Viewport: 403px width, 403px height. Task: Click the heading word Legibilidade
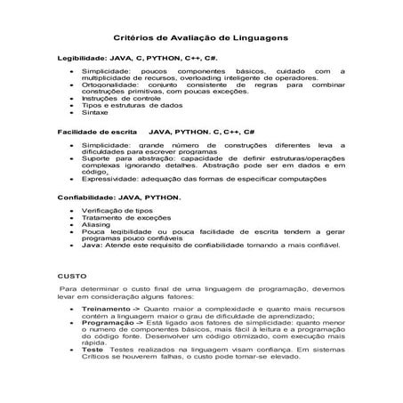click(x=85, y=56)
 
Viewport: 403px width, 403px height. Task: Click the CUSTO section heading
click(x=71, y=277)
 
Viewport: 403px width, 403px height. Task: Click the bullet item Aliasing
click(x=95, y=226)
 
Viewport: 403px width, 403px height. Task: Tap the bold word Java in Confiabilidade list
click(x=90, y=247)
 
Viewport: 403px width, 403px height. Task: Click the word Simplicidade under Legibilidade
click(x=107, y=69)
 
